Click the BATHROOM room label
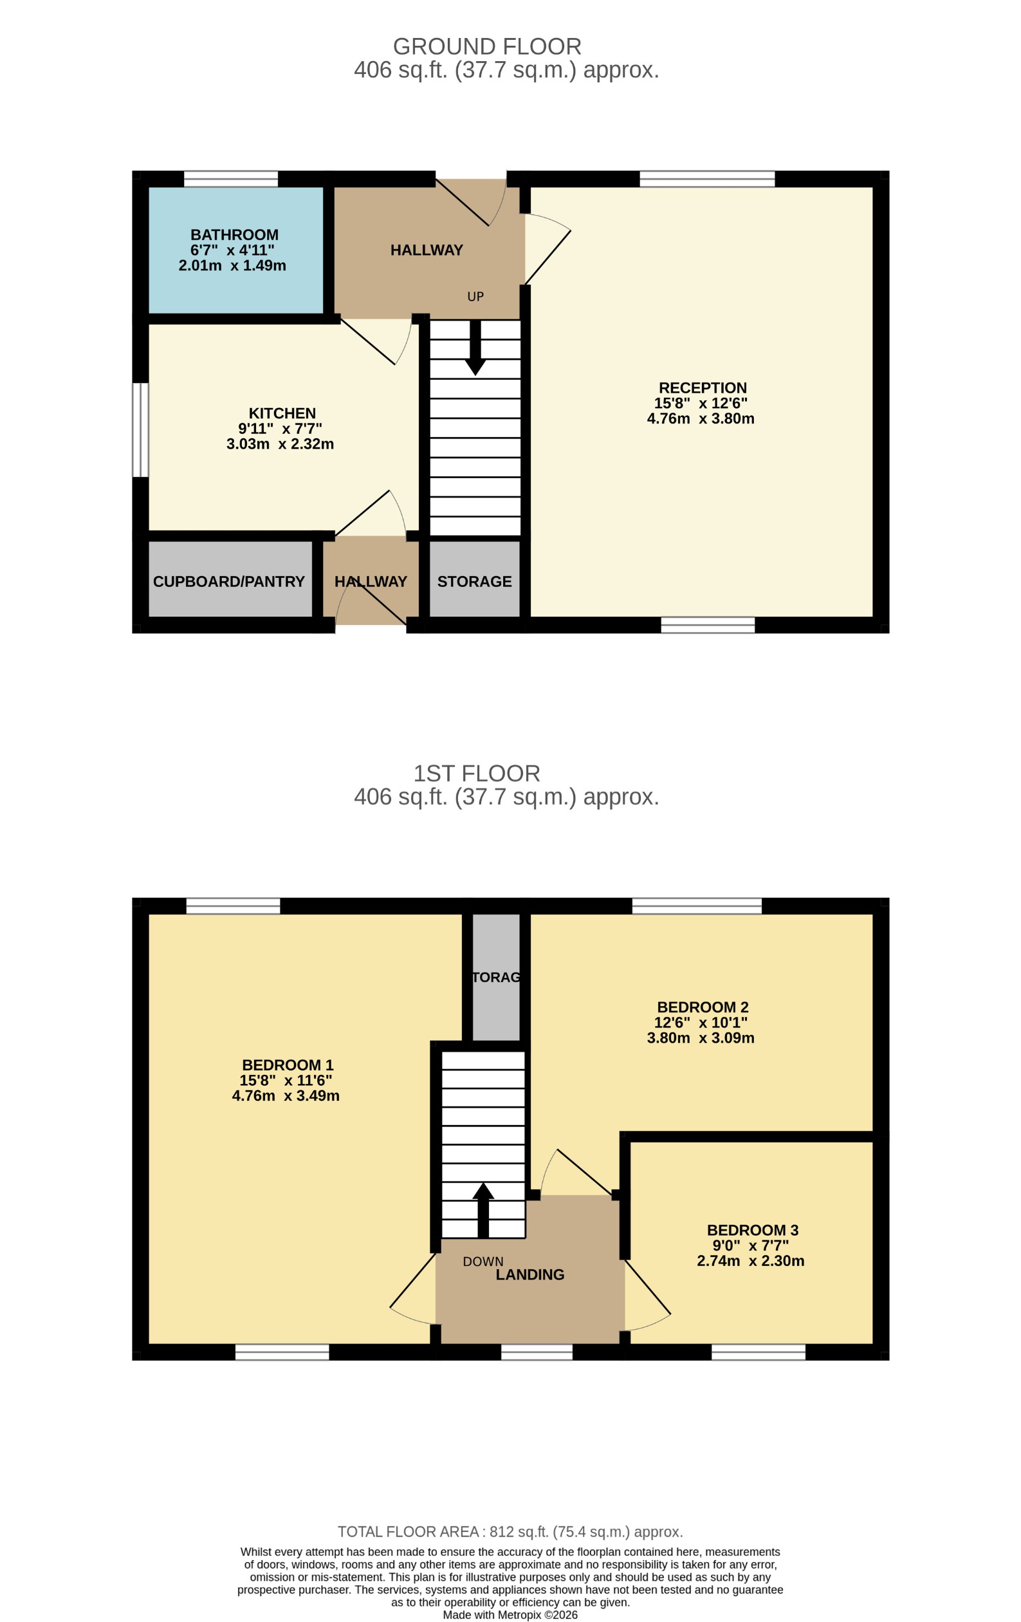coord(234,235)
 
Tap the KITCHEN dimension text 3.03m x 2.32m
coord(279,444)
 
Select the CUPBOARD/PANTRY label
coord(228,581)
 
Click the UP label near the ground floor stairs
coord(475,296)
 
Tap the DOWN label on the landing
coord(483,1262)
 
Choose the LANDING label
coord(529,1274)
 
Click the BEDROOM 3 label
coord(752,1230)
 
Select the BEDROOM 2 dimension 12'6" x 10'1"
coord(701,1023)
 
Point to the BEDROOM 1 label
coord(288,1065)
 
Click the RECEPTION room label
coord(703,388)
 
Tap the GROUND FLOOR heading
coord(487,46)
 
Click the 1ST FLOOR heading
coord(476,773)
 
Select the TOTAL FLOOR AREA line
coord(510,1532)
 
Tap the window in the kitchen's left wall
coord(140,430)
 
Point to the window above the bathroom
coord(230,178)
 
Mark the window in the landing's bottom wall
coord(536,1352)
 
